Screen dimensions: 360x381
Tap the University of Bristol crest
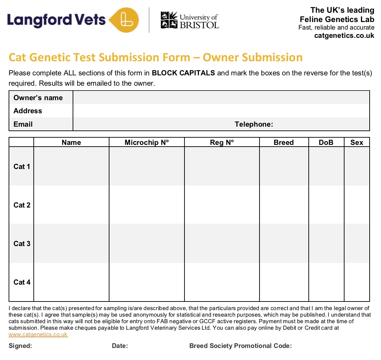(x=169, y=20)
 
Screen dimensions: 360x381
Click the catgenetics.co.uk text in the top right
(x=344, y=35)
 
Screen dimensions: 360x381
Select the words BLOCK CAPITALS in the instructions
(x=183, y=73)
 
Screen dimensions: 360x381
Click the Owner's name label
(x=38, y=98)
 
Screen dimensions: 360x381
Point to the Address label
(x=28, y=111)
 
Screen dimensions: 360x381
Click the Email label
(x=23, y=124)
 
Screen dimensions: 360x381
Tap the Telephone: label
(x=254, y=124)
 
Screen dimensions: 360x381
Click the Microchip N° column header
(x=147, y=142)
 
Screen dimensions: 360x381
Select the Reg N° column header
(x=222, y=142)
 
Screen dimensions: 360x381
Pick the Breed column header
(x=284, y=142)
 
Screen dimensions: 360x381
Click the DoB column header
(x=326, y=142)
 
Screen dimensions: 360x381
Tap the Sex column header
(x=357, y=142)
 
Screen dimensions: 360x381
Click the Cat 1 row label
(x=22, y=167)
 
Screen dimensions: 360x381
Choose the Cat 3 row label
(x=22, y=244)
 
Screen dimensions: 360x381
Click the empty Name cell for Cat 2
(x=71, y=205)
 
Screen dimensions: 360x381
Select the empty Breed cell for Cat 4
(x=284, y=282)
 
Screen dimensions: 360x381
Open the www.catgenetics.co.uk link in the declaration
(x=38, y=335)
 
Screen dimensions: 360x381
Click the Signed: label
(x=20, y=346)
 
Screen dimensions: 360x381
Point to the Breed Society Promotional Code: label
(x=240, y=346)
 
